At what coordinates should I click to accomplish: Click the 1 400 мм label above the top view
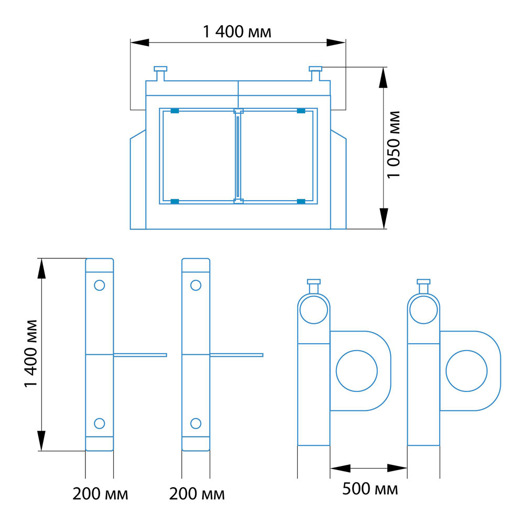[237, 32]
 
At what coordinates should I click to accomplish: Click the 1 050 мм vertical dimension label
[394, 145]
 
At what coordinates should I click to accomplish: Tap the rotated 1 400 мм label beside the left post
[31, 354]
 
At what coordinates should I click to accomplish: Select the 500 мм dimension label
[370, 489]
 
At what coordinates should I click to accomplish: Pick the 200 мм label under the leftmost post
[100, 494]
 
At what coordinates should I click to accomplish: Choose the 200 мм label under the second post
[197, 494]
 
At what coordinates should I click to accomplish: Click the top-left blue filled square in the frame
[175, 111]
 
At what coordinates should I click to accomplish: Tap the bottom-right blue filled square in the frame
[301, 201]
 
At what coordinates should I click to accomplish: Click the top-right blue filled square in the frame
[301, 111]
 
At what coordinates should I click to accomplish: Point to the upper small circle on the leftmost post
[99, 285]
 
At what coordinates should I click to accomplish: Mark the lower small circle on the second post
[195, 423]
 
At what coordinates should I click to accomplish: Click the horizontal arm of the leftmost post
[140, 355]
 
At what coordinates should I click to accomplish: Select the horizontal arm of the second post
[237, 355]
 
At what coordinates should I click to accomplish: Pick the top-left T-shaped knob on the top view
[160, 73]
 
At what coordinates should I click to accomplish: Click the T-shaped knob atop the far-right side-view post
[423, 287]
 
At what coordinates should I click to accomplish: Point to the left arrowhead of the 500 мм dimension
[340, 468]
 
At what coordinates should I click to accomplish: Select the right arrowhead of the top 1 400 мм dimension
[336, 42]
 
